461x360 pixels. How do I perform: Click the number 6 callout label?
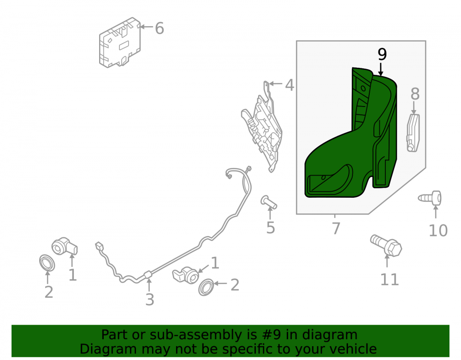[160, 29]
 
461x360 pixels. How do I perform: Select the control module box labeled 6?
[120, 43]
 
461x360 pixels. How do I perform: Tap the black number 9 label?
[382, 54]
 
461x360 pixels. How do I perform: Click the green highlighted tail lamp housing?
[351, 133]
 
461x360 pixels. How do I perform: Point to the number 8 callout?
[415, 94]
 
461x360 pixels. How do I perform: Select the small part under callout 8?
[413, 133]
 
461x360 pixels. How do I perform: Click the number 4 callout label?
[290, 85]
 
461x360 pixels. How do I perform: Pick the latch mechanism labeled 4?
[262, 127]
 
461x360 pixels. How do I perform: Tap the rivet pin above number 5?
[269, 202]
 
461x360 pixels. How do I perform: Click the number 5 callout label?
[271, 228]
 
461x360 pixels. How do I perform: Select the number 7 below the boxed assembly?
[336, 228]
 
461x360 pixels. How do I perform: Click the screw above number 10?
[430, 198]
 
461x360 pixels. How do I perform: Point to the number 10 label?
[438, 230]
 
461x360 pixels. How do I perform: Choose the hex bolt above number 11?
[386, 245]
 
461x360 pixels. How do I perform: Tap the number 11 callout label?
[390, 279]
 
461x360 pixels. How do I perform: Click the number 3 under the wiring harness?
[150, 300]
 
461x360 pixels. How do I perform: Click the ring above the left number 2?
[47, 263]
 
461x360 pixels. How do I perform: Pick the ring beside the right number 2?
[206, 287]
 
